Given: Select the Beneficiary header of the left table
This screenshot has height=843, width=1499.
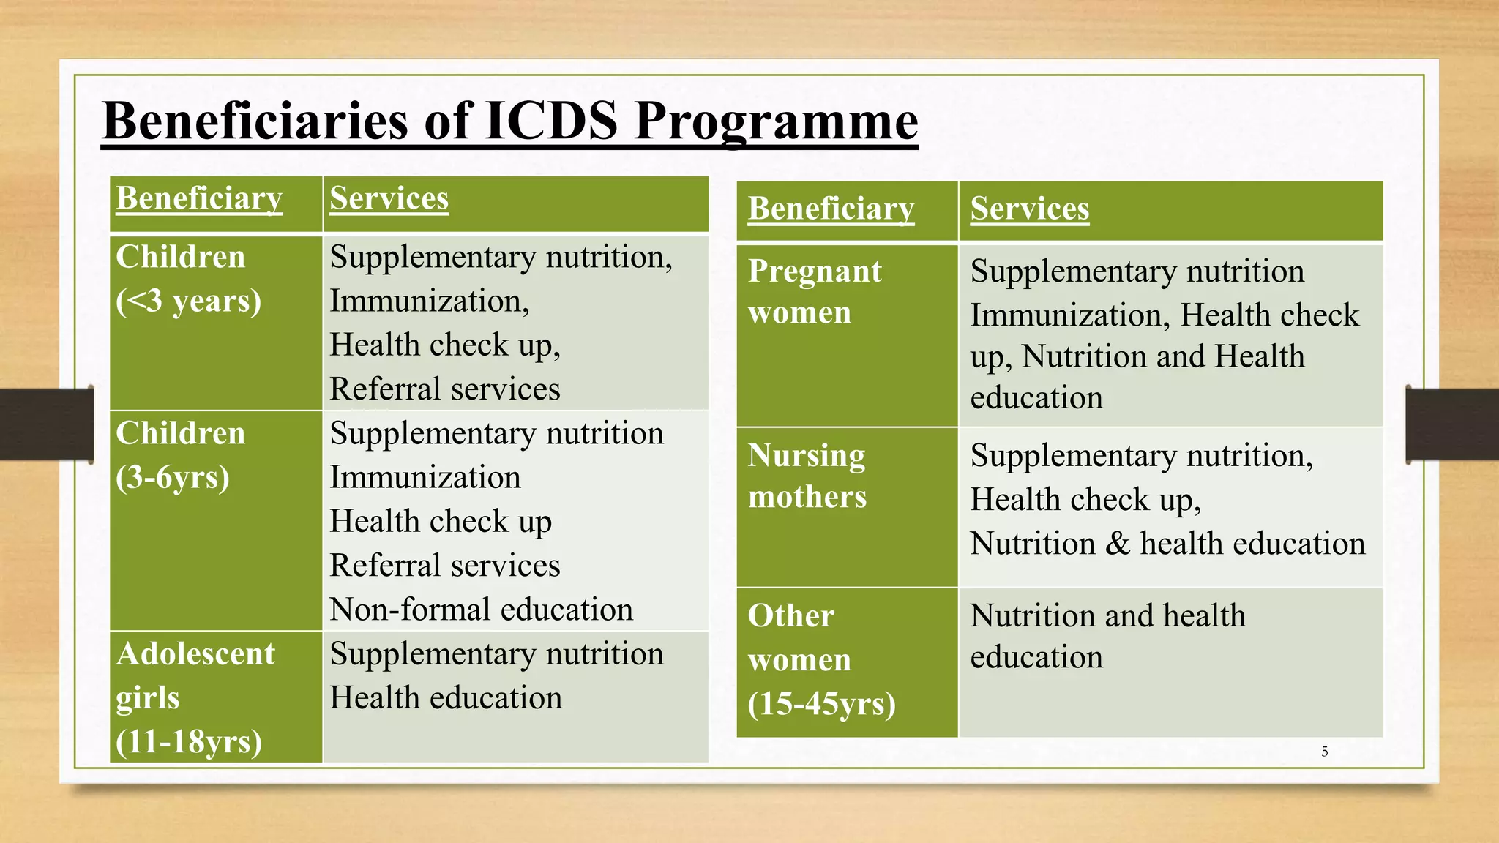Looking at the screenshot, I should pos(199,199).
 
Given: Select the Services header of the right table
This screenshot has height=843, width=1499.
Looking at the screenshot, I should pos(1030,209).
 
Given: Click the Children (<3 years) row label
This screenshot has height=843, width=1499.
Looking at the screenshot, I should pos(188,280).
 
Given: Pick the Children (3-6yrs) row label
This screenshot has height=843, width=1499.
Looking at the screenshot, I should pos(181,455).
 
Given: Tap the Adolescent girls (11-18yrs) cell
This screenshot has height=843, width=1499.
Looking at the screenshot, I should pos(195,697).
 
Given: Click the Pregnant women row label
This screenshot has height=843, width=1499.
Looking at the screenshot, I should pos(815,292).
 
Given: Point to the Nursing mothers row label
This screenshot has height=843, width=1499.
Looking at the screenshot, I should pos(807,476).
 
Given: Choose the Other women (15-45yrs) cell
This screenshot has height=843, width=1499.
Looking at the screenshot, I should pos(821,660).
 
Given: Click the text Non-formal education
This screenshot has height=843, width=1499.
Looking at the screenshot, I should pos(481,610).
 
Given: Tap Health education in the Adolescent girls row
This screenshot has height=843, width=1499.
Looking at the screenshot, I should pos(446,698).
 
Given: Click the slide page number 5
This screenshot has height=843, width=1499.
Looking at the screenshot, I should pos(1324,752).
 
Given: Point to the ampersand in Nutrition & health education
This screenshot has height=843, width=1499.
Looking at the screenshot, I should pos(1118,544).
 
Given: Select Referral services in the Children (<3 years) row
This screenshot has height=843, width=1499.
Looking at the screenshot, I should pos(444,389).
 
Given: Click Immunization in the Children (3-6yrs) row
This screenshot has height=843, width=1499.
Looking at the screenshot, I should pos(425,478).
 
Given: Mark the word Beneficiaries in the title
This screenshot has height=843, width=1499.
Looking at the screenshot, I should pos(255,121).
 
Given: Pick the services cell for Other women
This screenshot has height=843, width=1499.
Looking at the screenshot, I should pos(1170,662).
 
